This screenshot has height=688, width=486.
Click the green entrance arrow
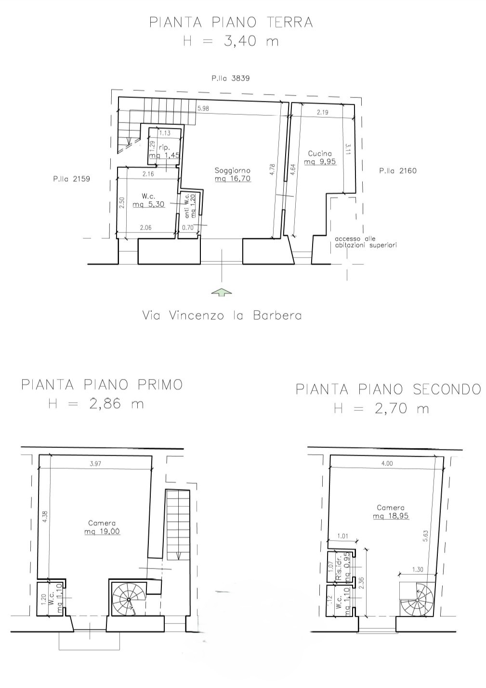(222, 292)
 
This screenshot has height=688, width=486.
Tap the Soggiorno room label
(233, 170)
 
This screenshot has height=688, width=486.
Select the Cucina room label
(320, 153)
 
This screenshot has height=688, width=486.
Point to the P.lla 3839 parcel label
(230, 78)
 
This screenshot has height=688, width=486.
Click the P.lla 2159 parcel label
(71, 179)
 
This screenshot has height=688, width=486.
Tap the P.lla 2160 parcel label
(398, 171)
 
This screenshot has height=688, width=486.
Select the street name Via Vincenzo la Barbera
(222, 315)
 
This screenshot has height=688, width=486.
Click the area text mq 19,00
(102, 531)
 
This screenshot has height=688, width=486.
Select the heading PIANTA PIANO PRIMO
(102, 385)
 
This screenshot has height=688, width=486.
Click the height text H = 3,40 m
(231, 41)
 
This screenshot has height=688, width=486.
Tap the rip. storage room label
(164, 148)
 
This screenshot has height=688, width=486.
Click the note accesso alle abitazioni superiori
(366, 242)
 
